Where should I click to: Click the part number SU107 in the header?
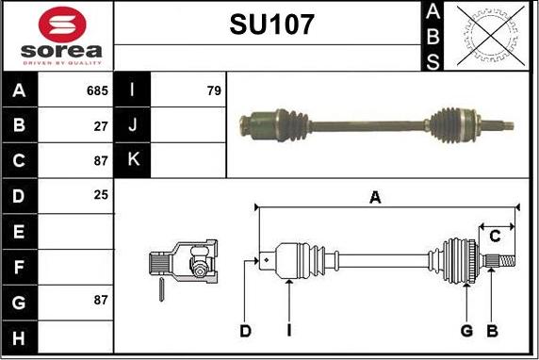tap(271, 25)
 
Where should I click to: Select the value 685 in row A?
tap(97, 91)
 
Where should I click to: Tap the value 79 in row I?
tap(213, 91)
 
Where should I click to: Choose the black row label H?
tap(20, 336)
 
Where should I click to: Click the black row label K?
tap(133, 160)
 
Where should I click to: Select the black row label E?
tap(20, 231)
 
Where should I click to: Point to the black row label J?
tap(133, 125)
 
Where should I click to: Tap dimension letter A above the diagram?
tap(375, 197)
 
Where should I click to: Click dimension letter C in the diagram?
tap(494, 237)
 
